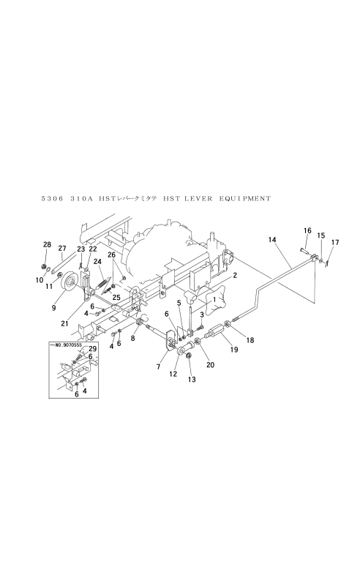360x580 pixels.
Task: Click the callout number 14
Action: coord(272,240)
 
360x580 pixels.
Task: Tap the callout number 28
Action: coord(47,244)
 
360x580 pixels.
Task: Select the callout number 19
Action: coord(234,349)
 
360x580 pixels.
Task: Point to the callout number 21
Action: coord(64,323)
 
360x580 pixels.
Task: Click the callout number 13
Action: coord(192,379)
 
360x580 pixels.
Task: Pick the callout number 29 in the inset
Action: coord(92,348)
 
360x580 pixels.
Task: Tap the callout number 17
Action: coord(335,242)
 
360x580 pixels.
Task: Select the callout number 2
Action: coord(235,275)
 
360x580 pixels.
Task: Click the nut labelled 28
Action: coord(44,267)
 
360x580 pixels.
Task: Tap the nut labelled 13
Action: coord(189,356)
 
